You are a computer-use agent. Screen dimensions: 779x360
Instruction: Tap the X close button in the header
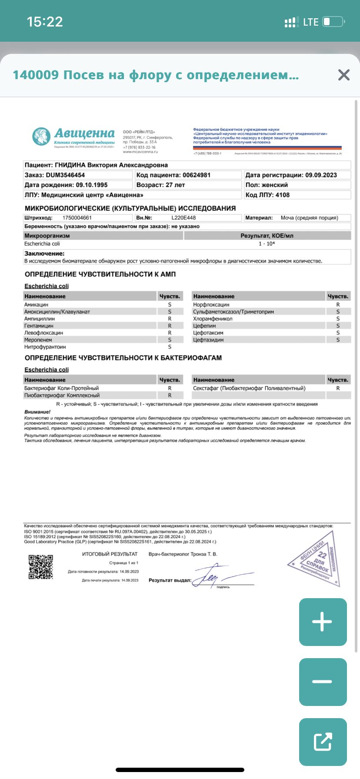coord(343,75)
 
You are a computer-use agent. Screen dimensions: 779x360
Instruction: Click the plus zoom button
coord(323,622)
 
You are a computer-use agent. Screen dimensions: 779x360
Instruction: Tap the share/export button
coord(323,742)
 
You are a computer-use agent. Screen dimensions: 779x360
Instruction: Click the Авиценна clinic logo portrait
coord(41,137)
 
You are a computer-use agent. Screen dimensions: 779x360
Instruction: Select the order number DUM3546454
coord(65,175)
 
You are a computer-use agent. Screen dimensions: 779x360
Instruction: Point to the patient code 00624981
coord(197,175)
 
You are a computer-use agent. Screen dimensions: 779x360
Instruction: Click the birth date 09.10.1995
coord(92,185)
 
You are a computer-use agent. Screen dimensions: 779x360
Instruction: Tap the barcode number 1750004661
coord(77,218)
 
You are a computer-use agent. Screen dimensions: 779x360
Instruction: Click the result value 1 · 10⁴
coord(267,244)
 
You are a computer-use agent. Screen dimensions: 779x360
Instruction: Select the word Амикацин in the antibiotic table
coord(36,305)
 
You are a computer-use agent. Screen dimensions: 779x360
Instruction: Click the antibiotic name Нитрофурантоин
coord(45,347)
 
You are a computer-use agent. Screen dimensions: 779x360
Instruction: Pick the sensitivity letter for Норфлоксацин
coord(338,305)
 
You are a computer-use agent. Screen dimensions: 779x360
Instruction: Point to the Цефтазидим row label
coord(208,340)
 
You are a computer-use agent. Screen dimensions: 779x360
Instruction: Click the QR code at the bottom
coord(41,567)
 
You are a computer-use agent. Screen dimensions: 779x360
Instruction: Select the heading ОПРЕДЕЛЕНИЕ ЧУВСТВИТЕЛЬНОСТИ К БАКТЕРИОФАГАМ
coord(123,358)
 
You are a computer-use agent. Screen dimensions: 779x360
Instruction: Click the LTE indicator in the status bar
coord(310,22)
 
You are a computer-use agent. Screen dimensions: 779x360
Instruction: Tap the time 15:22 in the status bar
coord(45,22)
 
